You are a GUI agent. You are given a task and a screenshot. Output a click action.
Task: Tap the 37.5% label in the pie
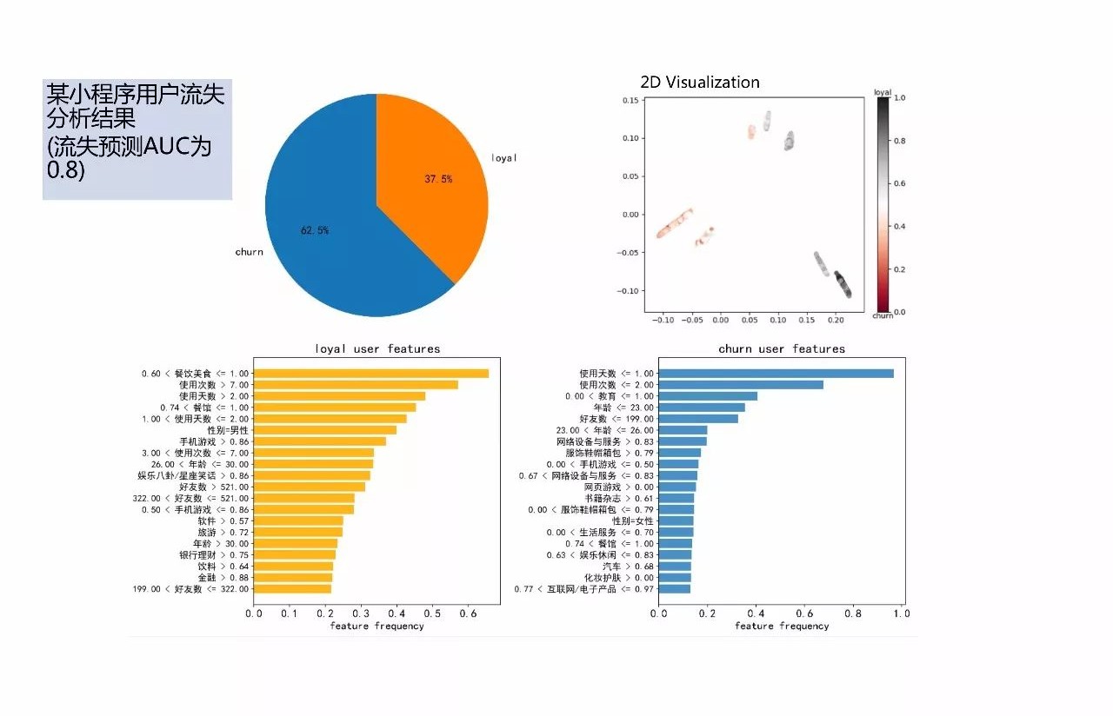[x=438, y=179]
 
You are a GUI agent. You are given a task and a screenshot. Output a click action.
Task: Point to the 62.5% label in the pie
[x=315, y=230]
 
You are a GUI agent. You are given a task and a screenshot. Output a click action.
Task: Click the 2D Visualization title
[x=699, y=83]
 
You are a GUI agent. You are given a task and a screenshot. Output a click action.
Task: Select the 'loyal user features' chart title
[x=377, y=349]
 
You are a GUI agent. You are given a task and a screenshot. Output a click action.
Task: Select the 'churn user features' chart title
[x=781, y=349]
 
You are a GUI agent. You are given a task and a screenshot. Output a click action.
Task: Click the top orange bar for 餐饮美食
[x=370, y=374]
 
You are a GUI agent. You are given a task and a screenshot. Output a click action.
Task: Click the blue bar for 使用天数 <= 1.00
[x=776, y=374]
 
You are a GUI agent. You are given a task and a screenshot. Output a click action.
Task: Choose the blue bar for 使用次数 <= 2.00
[x=741, y=385]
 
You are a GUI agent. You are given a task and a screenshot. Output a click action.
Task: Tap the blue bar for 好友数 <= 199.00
[x=698, y=419]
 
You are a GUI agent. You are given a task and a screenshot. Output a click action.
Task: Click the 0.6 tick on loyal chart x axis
[x=467, y=613]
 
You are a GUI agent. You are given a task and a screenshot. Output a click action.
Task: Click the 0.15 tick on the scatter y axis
[x=630, y=101]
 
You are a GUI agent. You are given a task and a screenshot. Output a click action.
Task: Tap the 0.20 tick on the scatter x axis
[x=836, y=321]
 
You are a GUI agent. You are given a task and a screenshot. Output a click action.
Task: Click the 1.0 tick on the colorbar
[x=899, y=99]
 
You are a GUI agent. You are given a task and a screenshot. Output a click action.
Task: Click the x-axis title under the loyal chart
[x=377, y=626]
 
